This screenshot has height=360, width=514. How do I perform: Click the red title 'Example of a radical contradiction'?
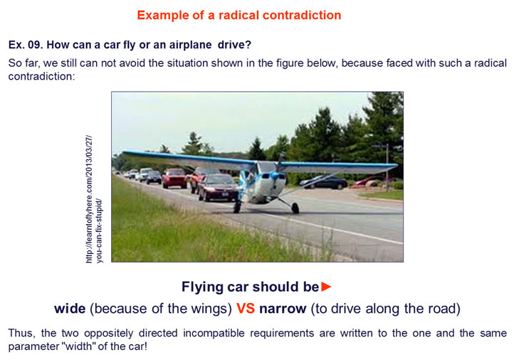[x=239, y=15]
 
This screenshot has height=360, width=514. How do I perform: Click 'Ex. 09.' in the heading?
[x=26, y=45]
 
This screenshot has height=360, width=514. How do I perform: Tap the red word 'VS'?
[x=246, y=309]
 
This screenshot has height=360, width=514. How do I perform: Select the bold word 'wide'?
[x=70, y=309]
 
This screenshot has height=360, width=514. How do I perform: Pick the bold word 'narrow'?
[x=283, y=309]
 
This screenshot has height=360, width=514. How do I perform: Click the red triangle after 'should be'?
[x=326, y=287]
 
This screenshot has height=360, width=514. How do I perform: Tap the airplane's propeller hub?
[x=274, y=176]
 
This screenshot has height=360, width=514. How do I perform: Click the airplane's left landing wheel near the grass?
[x=237, y=206]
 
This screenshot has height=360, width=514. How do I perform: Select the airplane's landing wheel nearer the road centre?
[x=295, y=208]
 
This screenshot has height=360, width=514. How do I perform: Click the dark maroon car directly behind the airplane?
[x=218, y=188]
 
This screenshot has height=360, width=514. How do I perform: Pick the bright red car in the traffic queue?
[x=174, y=179]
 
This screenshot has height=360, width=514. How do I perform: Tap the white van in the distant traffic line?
[x=145, y=174]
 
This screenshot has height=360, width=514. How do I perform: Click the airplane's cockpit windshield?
[x=266, y=167]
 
